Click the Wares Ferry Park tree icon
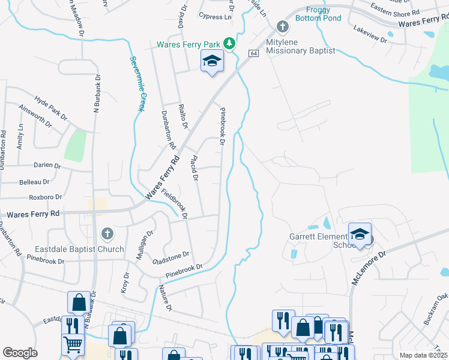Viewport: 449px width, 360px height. point(228,43)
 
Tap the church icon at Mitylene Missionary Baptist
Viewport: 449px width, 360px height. point(283,27)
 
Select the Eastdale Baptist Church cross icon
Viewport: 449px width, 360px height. point(106,233)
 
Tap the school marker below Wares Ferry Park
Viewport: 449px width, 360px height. point(212,61)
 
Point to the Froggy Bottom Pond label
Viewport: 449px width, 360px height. point(324,14)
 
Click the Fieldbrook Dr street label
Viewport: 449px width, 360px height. point(175,203)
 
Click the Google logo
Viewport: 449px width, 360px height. point(20,352)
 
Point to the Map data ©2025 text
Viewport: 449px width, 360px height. point(423,355)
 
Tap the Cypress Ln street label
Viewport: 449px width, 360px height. point(215,17)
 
